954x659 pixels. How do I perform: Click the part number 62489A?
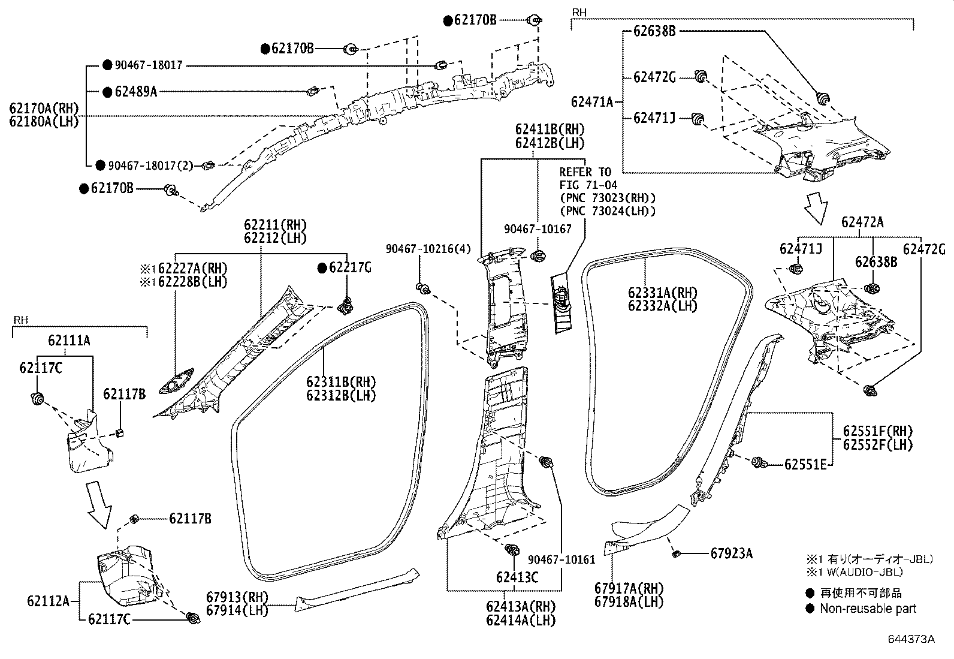135,92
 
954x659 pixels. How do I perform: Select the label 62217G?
350,267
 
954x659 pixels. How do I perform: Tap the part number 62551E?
805,464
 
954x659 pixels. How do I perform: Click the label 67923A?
731,553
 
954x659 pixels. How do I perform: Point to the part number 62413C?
517,577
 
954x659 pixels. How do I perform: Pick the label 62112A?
48,600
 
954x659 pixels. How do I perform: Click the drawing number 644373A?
911,639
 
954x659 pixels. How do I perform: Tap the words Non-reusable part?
868,609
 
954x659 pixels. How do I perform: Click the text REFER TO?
585,172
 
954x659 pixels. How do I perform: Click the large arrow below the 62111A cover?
99,504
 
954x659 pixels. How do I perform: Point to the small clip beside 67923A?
675,552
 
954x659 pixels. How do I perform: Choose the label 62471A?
592,103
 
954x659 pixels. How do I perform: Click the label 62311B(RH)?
340,382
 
